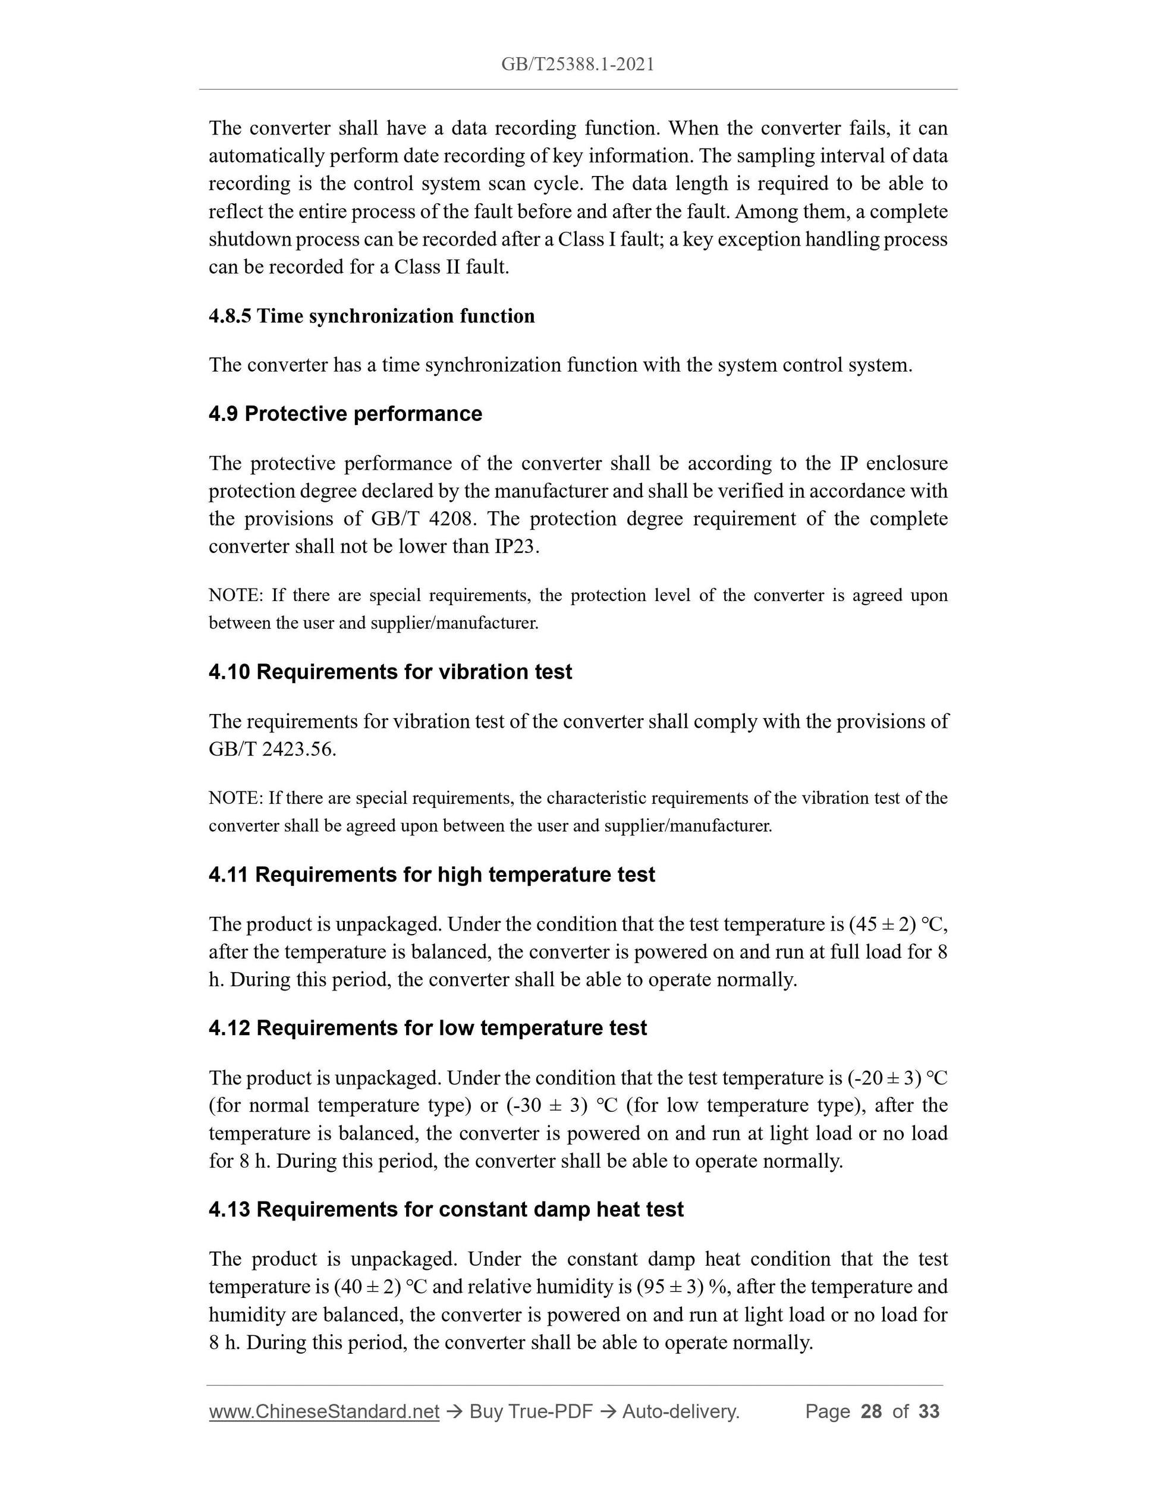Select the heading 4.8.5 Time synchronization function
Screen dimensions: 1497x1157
372,316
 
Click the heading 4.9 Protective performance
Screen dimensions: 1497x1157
345,414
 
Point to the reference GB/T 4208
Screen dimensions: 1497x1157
422,519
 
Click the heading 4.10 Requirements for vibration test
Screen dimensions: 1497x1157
390,672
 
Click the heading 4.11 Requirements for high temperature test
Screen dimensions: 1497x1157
431,875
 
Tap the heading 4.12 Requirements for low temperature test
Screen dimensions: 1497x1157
427,1028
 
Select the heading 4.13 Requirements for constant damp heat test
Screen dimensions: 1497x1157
445,1209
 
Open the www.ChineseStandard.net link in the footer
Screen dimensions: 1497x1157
323,1411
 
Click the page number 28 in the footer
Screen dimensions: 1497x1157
870,1411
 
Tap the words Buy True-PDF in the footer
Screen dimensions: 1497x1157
530,1411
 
